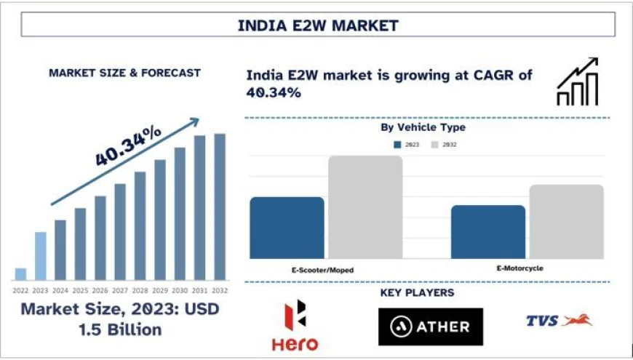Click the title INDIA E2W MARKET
[x=318, y=25]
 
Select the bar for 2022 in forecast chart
[x=20, y=274]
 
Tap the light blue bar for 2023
[x=41, y=256]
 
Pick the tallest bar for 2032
[x=219, y=207]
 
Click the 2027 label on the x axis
[x=120, y=289]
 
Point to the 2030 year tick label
[x=180, y=289]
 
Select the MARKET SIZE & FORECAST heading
[x=124, y=73]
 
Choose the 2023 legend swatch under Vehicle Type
[x=398, y=145]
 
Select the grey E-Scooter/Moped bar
[x=365, y=207]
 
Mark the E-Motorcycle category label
[x=519, y=268]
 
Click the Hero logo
[x=295, y=326]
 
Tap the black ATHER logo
[x=430, y=326]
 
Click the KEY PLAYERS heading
[x=417, y=292]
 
